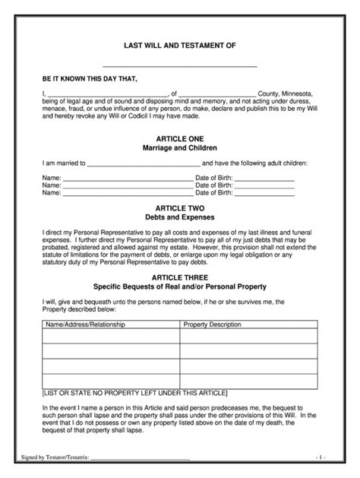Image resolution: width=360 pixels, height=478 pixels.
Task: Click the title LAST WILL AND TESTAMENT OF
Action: (x=180, y=46)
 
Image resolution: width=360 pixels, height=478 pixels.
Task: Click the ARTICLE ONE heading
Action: (x=180, y=140)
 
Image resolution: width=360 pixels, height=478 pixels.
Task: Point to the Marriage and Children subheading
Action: (x=180, y=149)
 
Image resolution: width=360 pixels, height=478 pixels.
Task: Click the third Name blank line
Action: (x=128, y=194)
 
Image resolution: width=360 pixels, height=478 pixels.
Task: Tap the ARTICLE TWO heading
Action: (x=180, y=207)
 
